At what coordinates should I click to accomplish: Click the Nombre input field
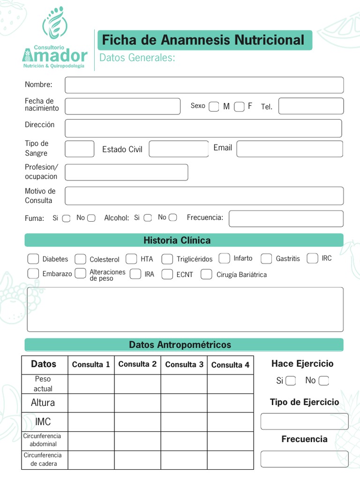[x=204, y=85]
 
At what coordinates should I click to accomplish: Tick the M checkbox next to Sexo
[x=214, y=106]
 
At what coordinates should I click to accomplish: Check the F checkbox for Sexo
[x=239, y=106]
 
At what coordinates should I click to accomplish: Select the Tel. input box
[x=311, y=106]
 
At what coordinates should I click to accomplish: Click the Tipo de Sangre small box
[x=79, y=149]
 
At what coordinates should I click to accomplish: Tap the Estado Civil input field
[x=179, y=149]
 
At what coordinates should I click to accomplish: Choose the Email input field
[x=289, y=149]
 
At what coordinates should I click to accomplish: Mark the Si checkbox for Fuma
[x=66, y=218]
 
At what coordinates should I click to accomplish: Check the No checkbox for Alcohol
[x=173, y=217]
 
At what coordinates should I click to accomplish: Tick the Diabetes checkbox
[x=33, y=259]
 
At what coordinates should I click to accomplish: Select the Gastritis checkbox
[x=266, y=258]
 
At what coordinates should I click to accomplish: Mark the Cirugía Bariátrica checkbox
[x=206, y=274]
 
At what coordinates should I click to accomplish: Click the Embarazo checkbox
[x=33, y=273]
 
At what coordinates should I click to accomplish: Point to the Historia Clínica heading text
[x=177, y=240]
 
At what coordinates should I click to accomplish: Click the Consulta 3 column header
[x=184, y=365]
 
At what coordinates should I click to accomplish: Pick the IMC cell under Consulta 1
[x=91, y=422]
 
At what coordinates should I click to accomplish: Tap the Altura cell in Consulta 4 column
[x=230, y=403]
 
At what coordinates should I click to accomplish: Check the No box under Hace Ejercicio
[x=323, y=380]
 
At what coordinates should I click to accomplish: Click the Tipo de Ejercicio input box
[x=304, y=421]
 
